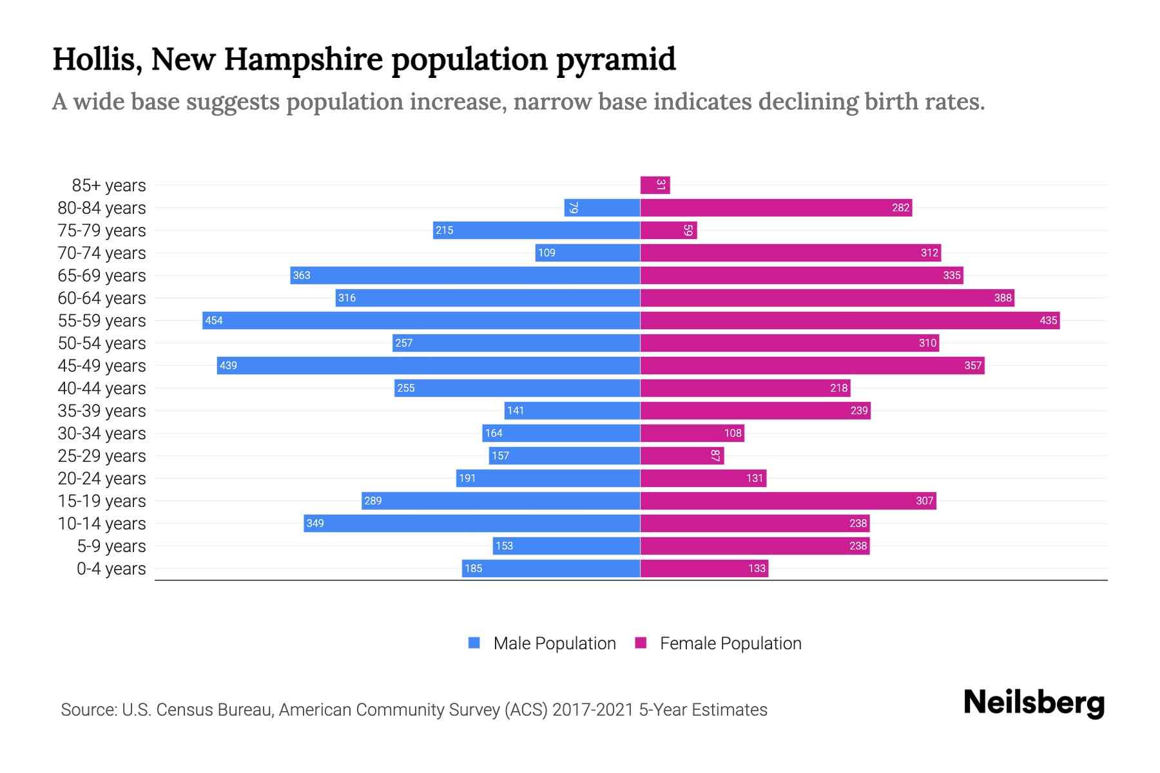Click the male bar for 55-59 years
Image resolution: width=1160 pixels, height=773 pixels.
pos(421,320)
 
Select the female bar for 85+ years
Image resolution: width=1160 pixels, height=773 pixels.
pos(655,185)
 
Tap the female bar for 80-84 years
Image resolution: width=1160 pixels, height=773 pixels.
pos(775,207)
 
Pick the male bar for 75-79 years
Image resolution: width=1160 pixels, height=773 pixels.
pos(536,230)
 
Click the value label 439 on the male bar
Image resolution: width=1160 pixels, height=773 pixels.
pos(228,365)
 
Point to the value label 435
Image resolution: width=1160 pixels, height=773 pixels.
pos(1048,320)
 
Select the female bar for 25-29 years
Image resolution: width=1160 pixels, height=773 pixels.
pos(682,455)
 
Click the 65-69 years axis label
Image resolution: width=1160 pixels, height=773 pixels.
pos(102,276)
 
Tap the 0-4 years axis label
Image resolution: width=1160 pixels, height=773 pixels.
pos(111,569)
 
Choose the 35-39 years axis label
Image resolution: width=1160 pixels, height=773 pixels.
pos(102,411)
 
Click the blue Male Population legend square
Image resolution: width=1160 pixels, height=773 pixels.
pos(474,643)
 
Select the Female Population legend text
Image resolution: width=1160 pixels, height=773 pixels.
pos(730,644)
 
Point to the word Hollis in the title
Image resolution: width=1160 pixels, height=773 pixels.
pos(97,59)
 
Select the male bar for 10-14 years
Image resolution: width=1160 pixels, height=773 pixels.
pos(472,523)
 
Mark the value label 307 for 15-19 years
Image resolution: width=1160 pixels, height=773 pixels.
pos(924,501)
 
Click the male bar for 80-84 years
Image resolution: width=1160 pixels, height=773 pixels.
pos(602,207)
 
